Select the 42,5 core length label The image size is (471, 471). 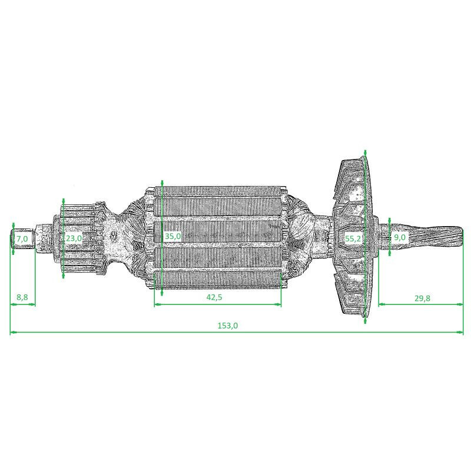pyautogui.click(x=214, y=297)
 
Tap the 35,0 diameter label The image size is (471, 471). pyautogui.click(x=173, y=236)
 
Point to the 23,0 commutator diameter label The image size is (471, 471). pyautogui.click(x=74, y=238)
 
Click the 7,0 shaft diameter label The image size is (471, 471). pyautogui.click(x=22, y=238)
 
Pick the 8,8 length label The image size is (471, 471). pyautogui.click(x=22, y=297)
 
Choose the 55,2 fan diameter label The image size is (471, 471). pyautogui.click(x=353, y=238)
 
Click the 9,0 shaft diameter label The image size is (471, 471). pyautogui.click(x=400, y=237)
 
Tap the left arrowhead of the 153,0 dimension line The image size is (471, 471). pyautogui.click(x=13, y=333)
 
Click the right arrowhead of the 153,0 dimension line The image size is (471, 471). pyautogui.click(x=460, y=333)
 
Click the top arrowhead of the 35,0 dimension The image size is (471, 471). pyautogui.click(x=161, y=184)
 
